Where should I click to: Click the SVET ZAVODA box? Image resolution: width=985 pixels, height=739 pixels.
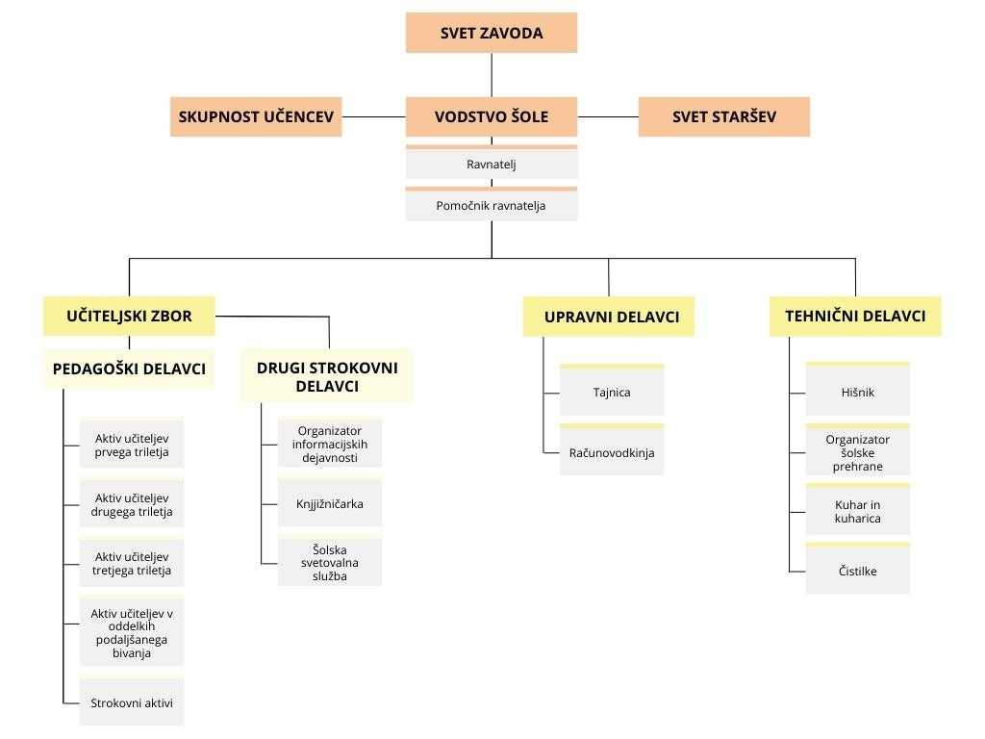492,33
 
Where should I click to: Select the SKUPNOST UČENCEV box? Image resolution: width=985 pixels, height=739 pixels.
256,116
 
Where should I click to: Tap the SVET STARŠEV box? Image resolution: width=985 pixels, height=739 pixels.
724,116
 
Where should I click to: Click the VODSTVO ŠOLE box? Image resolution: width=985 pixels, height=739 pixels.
492,116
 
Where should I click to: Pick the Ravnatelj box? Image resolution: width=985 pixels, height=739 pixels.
492,163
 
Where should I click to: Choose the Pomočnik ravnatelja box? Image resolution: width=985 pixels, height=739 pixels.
492,204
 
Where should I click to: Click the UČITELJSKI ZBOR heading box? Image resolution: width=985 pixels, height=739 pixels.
130,316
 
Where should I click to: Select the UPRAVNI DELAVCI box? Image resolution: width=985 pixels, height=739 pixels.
609,317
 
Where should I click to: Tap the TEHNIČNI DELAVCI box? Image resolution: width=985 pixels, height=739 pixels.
855,316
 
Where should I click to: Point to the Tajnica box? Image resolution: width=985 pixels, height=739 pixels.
612,391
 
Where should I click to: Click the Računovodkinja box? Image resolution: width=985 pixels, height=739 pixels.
612,450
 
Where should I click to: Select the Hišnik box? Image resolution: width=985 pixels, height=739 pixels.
857,390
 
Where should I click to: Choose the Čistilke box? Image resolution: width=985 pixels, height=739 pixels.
857,569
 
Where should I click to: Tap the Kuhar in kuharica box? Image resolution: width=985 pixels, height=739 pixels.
857,510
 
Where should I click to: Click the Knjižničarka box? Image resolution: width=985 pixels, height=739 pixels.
330,503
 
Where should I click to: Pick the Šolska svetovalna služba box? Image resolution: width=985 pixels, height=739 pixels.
330,561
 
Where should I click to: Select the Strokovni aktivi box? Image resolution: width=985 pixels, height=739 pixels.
132,702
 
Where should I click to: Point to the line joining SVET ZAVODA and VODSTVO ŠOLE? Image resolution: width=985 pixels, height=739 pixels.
492,75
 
